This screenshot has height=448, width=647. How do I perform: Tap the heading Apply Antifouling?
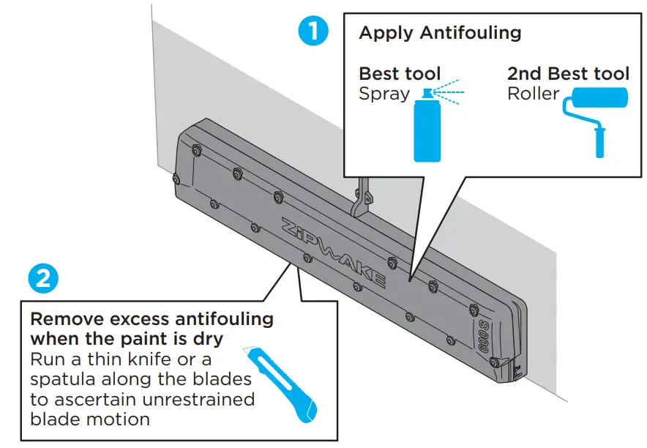click(x=440, y=33)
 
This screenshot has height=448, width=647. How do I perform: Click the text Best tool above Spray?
click(x=400, y=74)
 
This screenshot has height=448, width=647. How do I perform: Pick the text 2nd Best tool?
click(x=568, y=74)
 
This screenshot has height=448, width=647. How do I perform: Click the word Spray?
click(x=384, y=94)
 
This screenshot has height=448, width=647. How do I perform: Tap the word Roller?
click(x=533, y=94)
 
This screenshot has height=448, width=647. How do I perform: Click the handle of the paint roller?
click(x=600, y=142)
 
